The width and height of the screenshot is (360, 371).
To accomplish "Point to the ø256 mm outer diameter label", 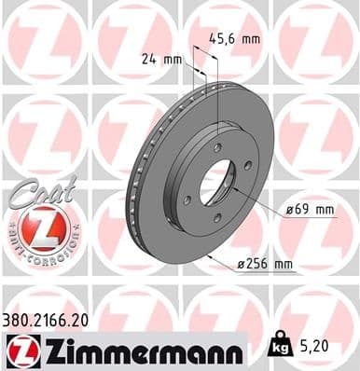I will (266, 265).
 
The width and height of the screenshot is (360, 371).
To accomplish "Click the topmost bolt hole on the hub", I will (217, 146).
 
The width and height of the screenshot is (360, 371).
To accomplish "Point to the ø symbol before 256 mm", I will (242, 265).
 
